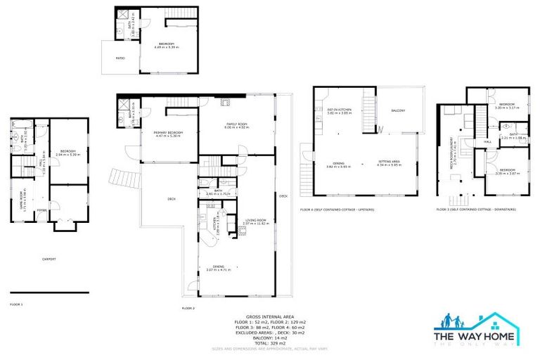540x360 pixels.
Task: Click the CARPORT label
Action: pos(49,259)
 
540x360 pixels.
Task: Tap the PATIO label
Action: pos(121,58)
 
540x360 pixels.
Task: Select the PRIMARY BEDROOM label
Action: pos(168,134)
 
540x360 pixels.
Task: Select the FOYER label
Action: pos(41,208)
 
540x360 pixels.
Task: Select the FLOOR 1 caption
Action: pos(16,304)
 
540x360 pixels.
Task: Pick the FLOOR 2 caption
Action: pos(188,308)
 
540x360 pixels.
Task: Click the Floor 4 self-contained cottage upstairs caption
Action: pos(337,210)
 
